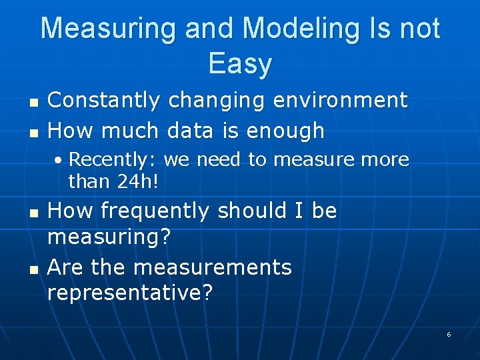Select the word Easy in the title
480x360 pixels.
tap(240, 64)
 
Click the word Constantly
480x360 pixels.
tap(104, 101)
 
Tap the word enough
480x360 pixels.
tap(285, 131)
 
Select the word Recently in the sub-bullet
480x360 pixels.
tap(111, 160)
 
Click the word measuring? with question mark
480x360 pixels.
tap(110, 237)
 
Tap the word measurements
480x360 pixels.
tap(213, 267)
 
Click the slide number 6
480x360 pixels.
tap(449, 334)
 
